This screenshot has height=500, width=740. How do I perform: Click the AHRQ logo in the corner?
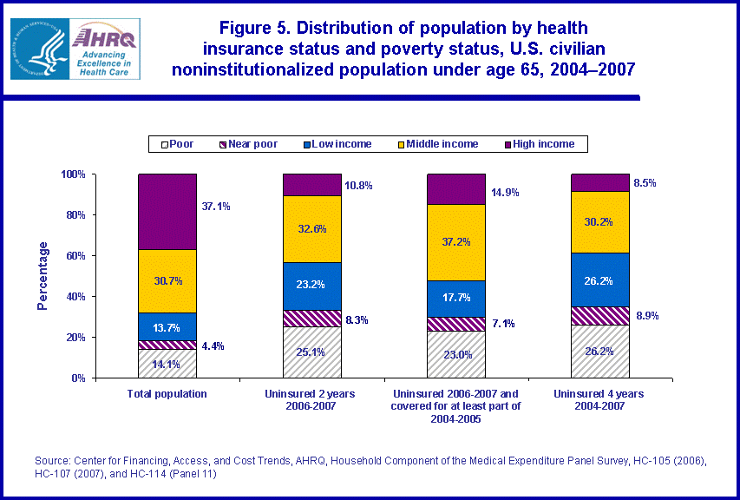coord(75,49)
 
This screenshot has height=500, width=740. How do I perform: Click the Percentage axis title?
coord(43,277)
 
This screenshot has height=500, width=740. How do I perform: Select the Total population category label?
coord(167,393)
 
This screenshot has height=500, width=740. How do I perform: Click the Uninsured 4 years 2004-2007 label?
coord(600,399)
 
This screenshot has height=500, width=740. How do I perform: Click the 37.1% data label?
coord(217,207)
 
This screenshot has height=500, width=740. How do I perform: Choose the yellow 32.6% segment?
coord(312,229)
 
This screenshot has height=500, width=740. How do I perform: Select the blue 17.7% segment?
coord(456,299)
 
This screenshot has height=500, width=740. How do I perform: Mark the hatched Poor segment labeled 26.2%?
coord(600,351)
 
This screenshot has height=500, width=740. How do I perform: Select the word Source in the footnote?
coord(50,462)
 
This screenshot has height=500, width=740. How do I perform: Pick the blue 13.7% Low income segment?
coord(167,326)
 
